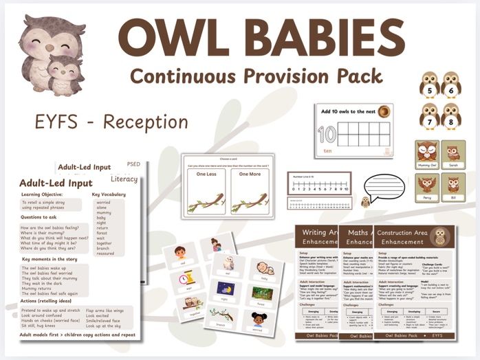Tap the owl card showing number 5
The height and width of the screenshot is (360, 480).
(x=430, y=85)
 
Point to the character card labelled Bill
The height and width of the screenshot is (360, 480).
(x=453, y=186)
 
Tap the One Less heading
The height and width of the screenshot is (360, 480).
(x=206, y=175)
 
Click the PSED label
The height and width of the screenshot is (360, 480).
(x=133, y=165)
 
